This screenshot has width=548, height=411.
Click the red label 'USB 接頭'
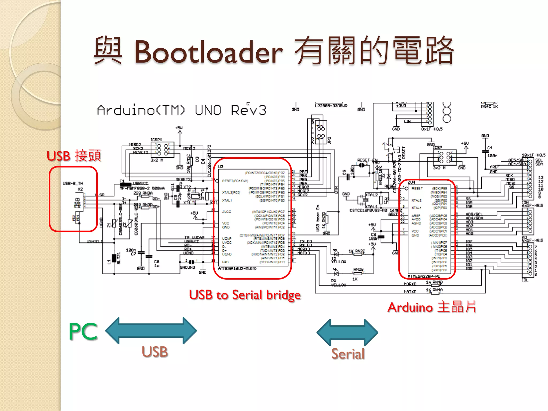pos(74,156)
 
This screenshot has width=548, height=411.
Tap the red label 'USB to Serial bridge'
pos(245,295)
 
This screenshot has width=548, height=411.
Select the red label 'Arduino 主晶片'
pos(432,307)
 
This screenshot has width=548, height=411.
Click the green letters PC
pos(83,332)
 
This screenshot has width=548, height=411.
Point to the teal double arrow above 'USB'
pos(151,330)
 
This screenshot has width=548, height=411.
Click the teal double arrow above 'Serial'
pos(347,333)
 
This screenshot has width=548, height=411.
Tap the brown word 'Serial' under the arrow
pos(348,354)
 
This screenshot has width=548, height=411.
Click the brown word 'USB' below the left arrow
pos(155,352)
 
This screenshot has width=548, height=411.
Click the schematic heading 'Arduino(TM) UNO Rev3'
pos(181,110)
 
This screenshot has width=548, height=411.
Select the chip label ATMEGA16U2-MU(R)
pos(237,268)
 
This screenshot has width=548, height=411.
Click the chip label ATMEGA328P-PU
pos(424,276)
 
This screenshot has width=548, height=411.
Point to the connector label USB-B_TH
pos(73,183)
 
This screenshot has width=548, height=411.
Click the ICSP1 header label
pos(156,140)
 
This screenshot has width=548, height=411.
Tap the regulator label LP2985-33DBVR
pos(331,106)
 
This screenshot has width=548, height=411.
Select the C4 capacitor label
pos(490,148)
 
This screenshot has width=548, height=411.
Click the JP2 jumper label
pos(329,140)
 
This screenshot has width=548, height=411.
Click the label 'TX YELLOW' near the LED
pos(338,260)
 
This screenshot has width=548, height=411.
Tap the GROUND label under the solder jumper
pos(187,267)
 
